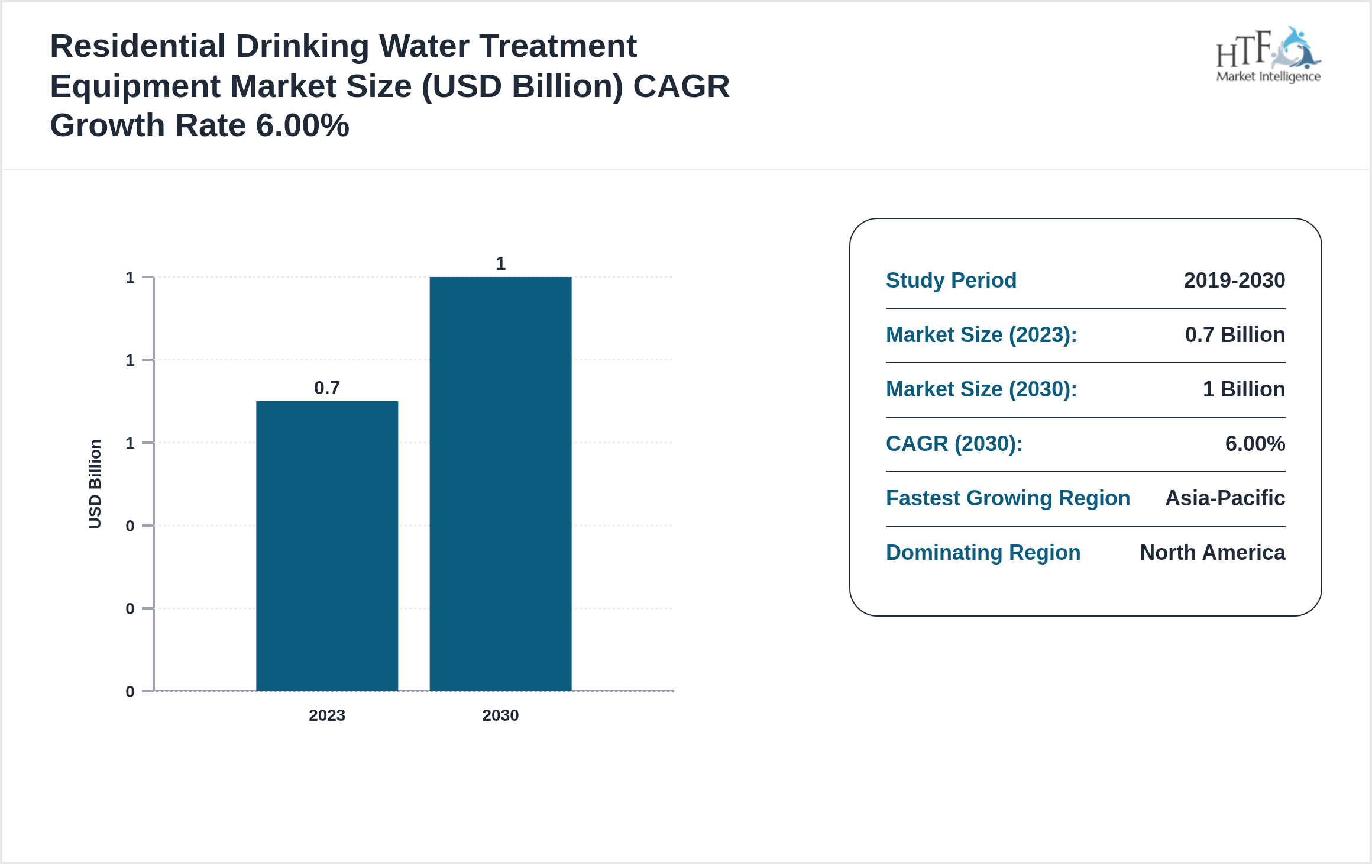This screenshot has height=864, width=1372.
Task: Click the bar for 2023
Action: tap(327, 546)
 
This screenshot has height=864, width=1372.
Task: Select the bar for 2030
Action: tap(500, 483)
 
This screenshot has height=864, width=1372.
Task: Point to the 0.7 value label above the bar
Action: tap(327, 388)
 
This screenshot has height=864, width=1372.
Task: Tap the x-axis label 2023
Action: tap(327, 715)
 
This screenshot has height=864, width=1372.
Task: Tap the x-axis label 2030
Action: tap(500, 715)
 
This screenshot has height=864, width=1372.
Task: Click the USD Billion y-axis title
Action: tap(95, 483)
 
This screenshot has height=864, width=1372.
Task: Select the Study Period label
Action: tap(951, 280)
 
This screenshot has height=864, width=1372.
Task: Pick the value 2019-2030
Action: tap(1234, 280)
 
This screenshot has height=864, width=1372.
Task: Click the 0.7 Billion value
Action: tap(1235, 334)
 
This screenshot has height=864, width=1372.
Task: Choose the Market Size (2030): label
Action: tap(981, 389)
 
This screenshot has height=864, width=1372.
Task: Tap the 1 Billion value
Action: tap(1244, 389)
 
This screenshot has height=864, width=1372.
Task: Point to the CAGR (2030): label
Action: tap(954, 443)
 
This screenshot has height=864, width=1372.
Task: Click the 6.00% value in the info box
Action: tap(1255, 443)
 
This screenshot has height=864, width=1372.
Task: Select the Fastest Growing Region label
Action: tap(1008, 498)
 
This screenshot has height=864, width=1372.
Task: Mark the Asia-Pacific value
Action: tap(1225, 498)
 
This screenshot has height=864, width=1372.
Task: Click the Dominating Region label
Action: tap(983, 552)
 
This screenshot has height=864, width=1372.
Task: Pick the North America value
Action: tap(1212, 552)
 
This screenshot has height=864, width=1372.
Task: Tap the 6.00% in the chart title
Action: tap(302, 125)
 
